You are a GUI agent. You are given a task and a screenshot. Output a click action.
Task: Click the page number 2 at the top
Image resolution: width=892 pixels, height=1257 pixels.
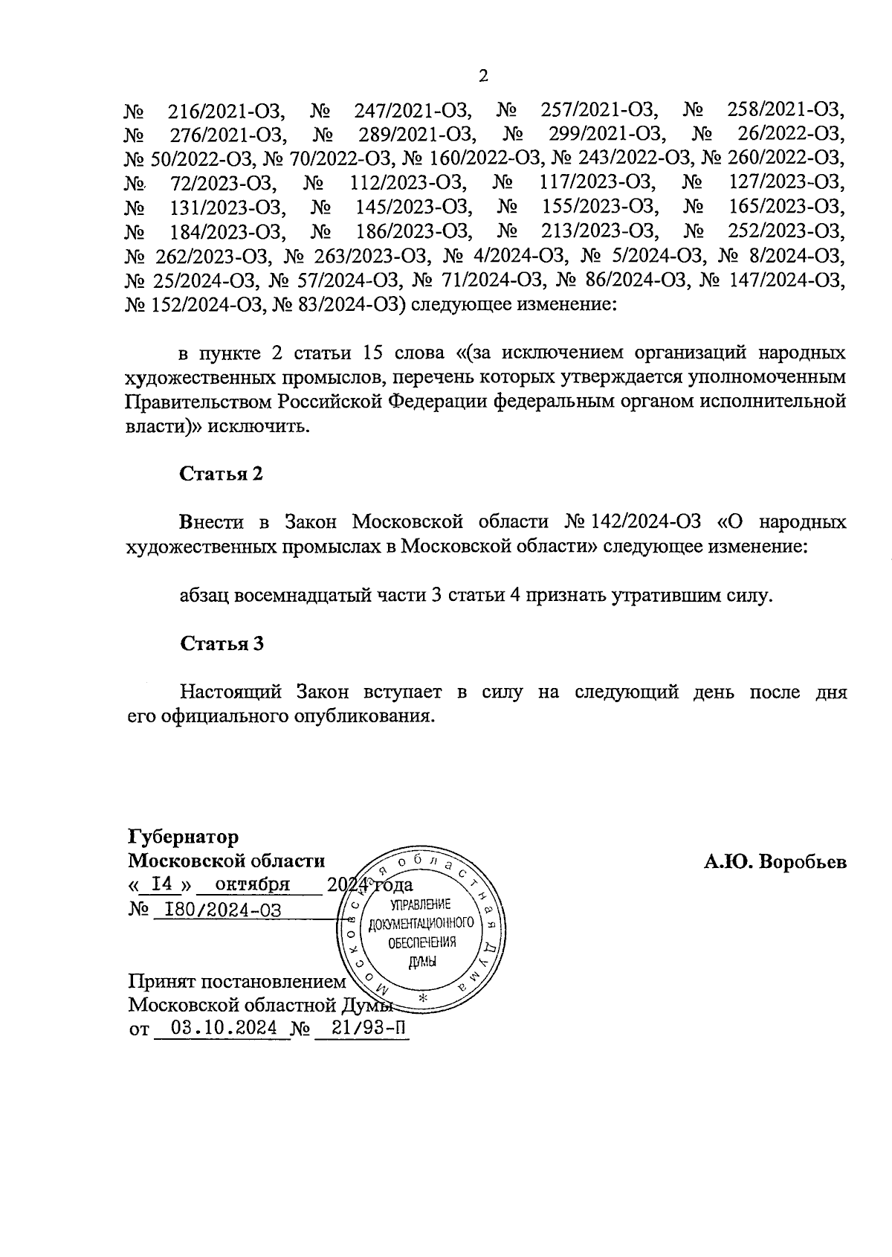point(483,76)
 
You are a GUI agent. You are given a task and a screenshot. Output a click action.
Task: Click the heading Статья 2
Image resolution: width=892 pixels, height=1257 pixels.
point(222,474)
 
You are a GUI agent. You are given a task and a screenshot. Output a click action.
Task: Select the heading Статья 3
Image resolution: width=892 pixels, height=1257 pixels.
point(222,643)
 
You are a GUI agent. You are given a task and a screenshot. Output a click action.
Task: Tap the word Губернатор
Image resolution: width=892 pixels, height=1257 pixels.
point(183,838)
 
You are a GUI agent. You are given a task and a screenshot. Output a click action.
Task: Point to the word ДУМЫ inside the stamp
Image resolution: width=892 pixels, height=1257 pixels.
point(421,962)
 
